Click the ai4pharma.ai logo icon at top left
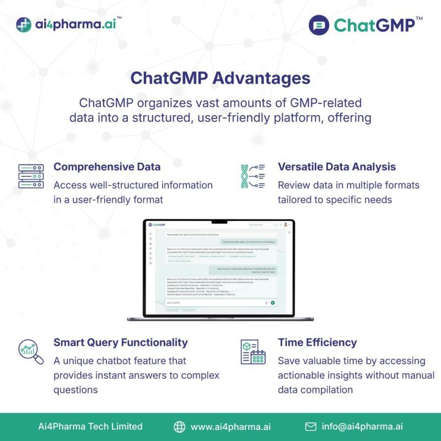(24, 25)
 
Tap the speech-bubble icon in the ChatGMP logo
(319, 25)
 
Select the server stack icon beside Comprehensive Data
(31, 176)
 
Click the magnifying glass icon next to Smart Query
(31, 353)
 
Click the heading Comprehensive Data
(107, 166)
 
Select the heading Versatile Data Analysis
(337, 166)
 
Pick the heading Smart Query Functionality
(120, 342)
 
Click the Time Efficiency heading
(317, 342)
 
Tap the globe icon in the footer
(180, 427)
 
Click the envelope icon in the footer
(311, 427)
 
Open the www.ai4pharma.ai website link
(230, 427)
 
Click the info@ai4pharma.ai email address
(362, 427)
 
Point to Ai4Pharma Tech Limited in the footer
(90, 427)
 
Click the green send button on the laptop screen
(272, 303)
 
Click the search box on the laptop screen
(260, 225)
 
